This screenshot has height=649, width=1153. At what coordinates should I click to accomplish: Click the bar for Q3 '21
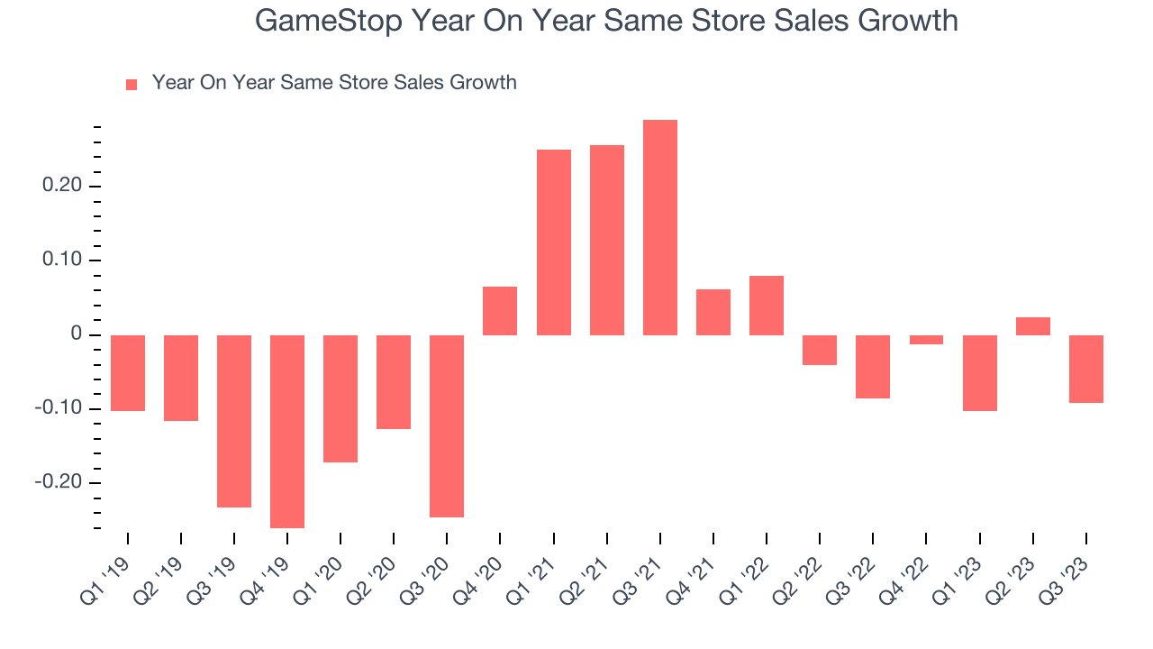pos(659,227)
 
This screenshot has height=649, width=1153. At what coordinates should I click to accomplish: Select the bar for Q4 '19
pos(287,431)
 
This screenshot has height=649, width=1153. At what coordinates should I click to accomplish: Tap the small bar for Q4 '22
pos(926,340)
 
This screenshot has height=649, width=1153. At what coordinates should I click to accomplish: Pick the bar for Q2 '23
pos(1032,326)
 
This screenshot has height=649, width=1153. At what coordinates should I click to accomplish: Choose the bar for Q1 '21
pos(553,242)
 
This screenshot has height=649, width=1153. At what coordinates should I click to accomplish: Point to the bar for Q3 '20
pos(447,425)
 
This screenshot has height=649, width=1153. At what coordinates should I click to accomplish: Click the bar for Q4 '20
pos(500,311)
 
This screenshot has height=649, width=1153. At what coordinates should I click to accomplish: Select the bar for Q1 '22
pos(767,306)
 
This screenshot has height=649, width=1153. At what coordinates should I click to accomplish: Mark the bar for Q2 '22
pos(820,350)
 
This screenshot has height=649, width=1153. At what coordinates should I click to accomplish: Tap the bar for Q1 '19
pos(128,373)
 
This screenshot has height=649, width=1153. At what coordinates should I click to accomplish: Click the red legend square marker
pos(132,84)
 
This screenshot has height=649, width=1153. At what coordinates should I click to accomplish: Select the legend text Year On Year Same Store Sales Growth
pos(334,83)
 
